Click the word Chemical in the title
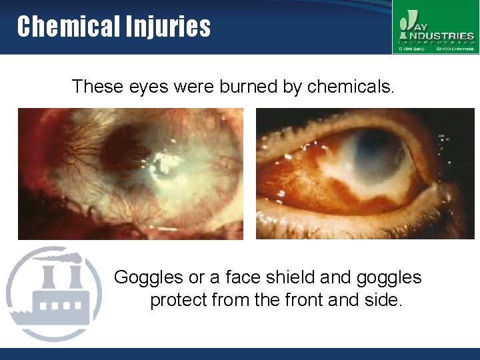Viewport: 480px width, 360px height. click(x=58, y=27)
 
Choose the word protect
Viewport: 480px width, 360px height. click(x=178, y=301)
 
